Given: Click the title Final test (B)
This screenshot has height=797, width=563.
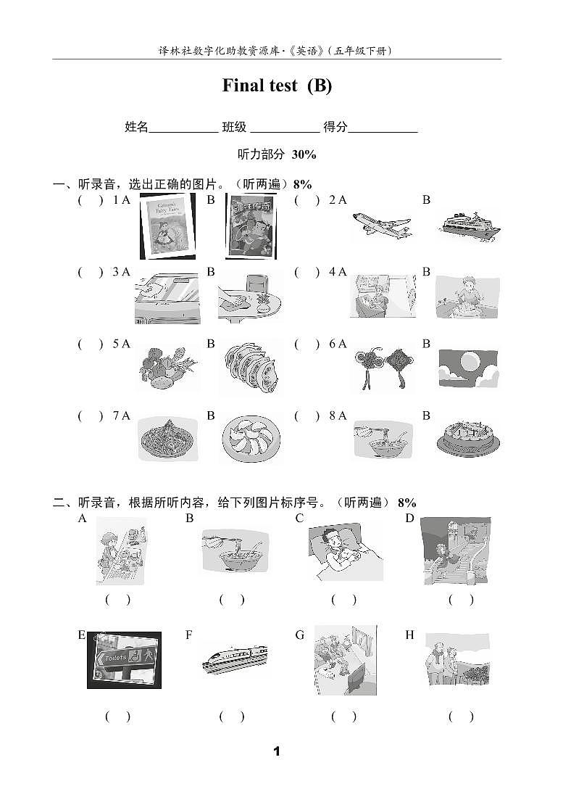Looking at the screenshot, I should [277, 86].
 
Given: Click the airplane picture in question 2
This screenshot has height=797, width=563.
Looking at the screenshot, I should [381, 226].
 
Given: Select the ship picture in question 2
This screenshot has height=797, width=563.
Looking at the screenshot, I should [469, 227].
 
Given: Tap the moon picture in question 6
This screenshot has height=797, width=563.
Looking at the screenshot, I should [468, 367].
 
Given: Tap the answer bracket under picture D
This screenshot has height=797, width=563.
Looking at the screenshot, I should [461, 600].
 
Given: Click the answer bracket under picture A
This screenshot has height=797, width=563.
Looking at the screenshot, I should [118, 600].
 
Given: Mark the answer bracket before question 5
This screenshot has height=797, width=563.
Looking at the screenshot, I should [91, 344].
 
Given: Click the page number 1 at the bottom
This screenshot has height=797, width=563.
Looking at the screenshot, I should [276, 751].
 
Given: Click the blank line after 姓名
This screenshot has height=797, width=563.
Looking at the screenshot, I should [183, 128].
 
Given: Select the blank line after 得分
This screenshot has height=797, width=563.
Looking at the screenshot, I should [383, 128].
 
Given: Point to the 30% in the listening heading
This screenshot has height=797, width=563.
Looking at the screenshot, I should [304, 154].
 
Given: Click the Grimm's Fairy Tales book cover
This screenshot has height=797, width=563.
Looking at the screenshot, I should [167, 226].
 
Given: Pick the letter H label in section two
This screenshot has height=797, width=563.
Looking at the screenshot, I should [409, 635].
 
